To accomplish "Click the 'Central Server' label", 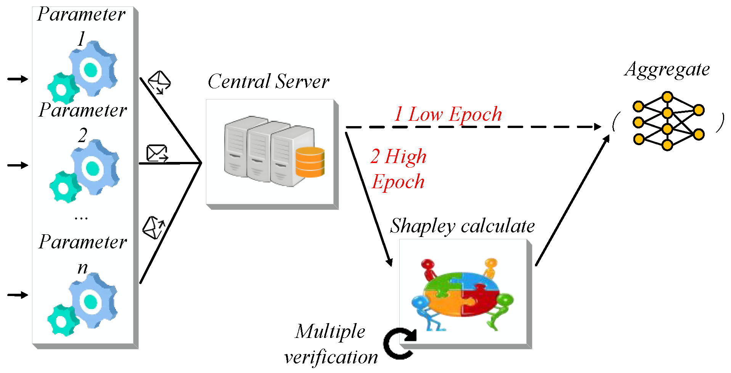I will click(268, 82).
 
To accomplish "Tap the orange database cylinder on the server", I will click(310, 162).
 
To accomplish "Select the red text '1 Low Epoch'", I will click(448, 114).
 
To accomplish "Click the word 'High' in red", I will click(406, 157).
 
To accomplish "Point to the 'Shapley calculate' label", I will click(462, 226).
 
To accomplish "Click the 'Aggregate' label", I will click(667, 70).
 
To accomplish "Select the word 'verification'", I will click(331, 357).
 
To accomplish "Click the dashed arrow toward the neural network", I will click(473, 127).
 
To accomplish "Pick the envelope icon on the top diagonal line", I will click(159, 82).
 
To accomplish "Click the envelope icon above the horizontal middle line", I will click(157, 153).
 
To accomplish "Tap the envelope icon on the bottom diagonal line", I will click(154, 227).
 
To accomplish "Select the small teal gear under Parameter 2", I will click(64, 187).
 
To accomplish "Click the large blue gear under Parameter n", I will click(93, 301).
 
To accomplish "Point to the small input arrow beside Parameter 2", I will click(18, 165).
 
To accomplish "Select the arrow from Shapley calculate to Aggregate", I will click(572, 200).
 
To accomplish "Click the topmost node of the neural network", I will click(667, 97).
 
